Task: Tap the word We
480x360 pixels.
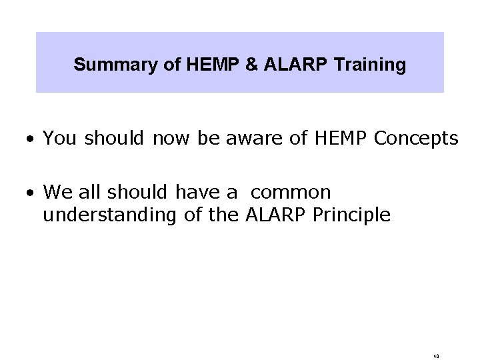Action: pyautogui.click(x=56, y=193)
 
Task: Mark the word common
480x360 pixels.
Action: pyautogui.click(x=292, y=193)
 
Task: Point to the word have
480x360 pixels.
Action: pyautogui.click(x=199, y=193)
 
